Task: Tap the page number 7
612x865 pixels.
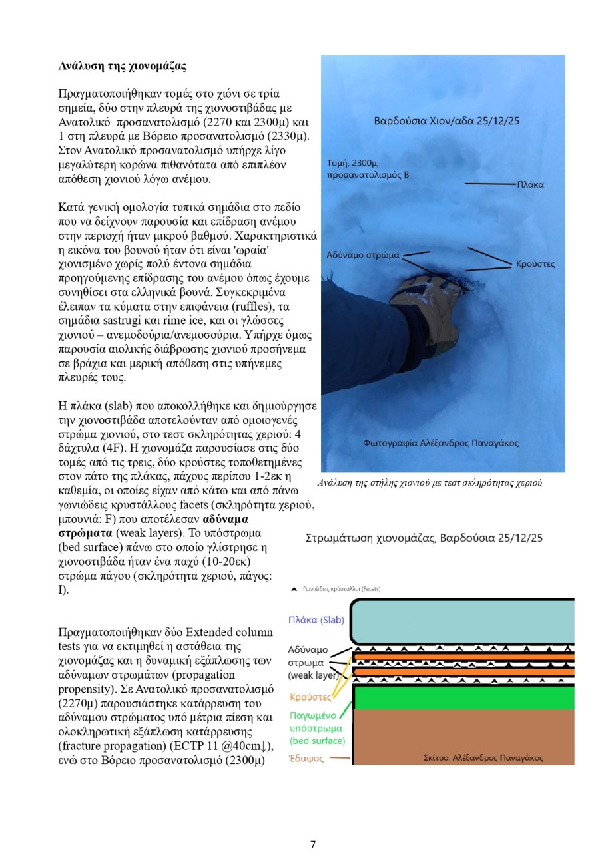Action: (313, 845)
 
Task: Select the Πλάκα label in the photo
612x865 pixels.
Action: (530, 184)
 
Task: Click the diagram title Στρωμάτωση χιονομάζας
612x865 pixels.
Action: (438, 538)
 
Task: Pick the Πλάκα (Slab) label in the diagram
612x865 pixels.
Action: (316, 619)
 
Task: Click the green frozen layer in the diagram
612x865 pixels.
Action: (463, 697)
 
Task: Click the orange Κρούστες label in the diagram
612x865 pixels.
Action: (310, 697)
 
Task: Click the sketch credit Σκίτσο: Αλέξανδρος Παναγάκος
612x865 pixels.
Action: (483, 757)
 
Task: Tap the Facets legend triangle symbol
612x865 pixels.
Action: (294, 589)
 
